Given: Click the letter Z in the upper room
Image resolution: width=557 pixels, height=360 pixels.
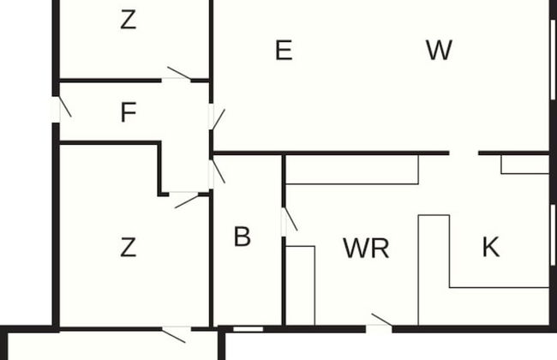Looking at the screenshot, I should (128, 20).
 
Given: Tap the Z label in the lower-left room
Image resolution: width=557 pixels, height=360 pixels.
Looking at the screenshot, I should (128, 248).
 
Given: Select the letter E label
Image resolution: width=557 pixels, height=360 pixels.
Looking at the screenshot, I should (284, 51).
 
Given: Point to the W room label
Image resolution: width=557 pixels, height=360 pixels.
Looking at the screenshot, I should (439, 51).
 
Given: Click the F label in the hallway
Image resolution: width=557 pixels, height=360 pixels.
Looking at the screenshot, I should (129, 112).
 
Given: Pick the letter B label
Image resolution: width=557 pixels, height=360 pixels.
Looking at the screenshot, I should (243, 237).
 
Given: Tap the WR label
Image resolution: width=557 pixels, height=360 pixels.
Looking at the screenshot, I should (366, 249).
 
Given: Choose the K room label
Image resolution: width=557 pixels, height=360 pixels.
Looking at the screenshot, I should (490, 248).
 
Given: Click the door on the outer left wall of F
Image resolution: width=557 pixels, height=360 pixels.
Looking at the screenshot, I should (57, 110).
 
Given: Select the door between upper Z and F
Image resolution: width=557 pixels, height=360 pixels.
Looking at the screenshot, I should (177, 79).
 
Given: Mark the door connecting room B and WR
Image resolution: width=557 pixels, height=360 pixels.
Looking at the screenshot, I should (284, 222).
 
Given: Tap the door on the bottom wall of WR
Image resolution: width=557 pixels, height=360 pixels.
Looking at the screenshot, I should (379, 327).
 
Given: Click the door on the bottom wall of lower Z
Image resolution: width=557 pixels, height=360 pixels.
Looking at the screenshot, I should (177, 328).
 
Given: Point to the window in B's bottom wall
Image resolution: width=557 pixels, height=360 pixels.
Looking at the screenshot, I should (249, 328).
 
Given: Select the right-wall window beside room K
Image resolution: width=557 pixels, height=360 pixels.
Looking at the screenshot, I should (553, 235).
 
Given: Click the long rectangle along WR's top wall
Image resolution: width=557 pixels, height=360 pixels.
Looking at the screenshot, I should (351, 170).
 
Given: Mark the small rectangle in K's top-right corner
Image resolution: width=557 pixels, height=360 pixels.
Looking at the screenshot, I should (524, 164).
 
